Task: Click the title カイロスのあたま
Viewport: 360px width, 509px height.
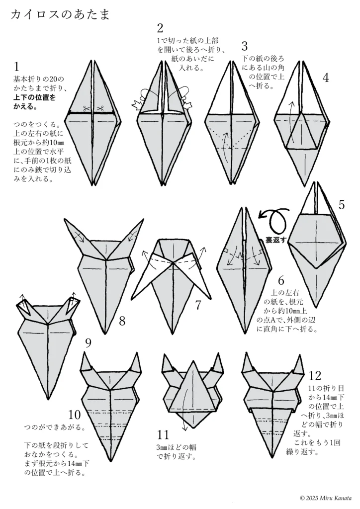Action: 60,14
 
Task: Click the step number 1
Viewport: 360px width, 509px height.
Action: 16,67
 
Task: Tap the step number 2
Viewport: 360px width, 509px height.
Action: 160,28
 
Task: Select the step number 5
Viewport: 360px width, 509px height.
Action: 342,205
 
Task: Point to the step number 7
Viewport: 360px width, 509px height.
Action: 198,305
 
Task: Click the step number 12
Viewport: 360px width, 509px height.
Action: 315,375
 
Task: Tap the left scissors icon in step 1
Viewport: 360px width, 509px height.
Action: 86,108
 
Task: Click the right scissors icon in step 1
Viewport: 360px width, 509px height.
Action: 100,108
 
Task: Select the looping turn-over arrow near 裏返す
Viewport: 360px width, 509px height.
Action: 274,219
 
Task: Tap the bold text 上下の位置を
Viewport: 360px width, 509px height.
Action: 34,97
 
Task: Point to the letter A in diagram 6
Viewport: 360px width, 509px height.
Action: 240,255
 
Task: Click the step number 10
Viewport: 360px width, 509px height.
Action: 75,415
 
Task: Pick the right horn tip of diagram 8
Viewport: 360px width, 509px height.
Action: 143,219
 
